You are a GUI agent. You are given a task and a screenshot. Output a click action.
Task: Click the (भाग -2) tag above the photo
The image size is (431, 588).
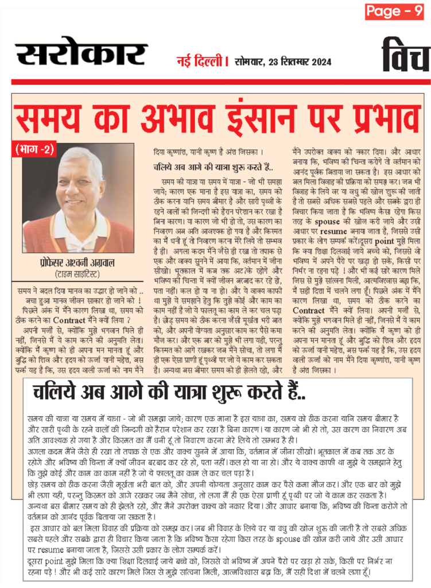click(35, 150)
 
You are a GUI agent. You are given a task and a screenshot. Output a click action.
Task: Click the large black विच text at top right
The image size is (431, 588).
click(406, 56)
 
